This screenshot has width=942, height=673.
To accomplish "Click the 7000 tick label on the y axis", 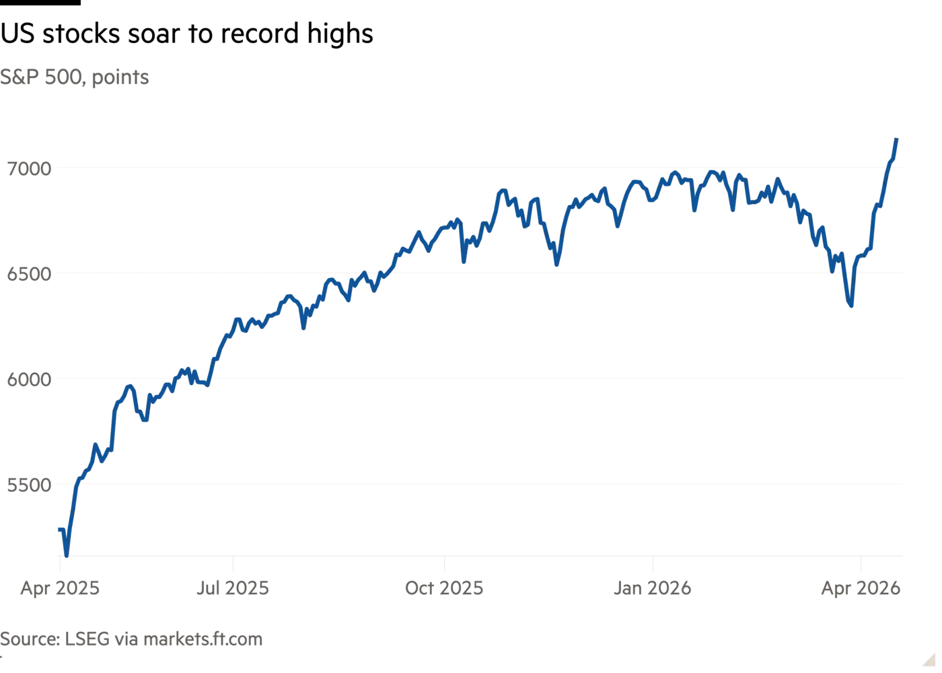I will pos(29,170).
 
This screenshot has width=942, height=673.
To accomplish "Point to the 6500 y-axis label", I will pos(29,275).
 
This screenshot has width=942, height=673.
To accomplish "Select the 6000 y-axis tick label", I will pos(29,380).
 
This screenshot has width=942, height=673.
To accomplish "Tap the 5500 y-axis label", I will pos(29,485).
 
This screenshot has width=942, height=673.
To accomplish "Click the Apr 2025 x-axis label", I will pos(60,589).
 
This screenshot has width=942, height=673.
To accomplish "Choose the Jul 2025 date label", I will pos(232,589).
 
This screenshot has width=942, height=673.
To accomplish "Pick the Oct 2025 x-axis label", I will pos(443,589).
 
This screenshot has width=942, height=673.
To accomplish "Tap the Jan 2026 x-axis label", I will pos(653,589).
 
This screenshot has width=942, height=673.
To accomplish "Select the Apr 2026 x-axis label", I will pos(860,589).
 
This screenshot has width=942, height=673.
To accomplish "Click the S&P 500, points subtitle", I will pos(75,77).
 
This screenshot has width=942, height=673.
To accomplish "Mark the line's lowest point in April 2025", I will pos(66,556).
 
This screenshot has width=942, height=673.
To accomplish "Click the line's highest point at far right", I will pos(897,137).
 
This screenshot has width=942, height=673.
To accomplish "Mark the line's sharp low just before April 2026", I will pos(851,308).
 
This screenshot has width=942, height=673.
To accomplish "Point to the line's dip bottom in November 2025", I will pos(557,264).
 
